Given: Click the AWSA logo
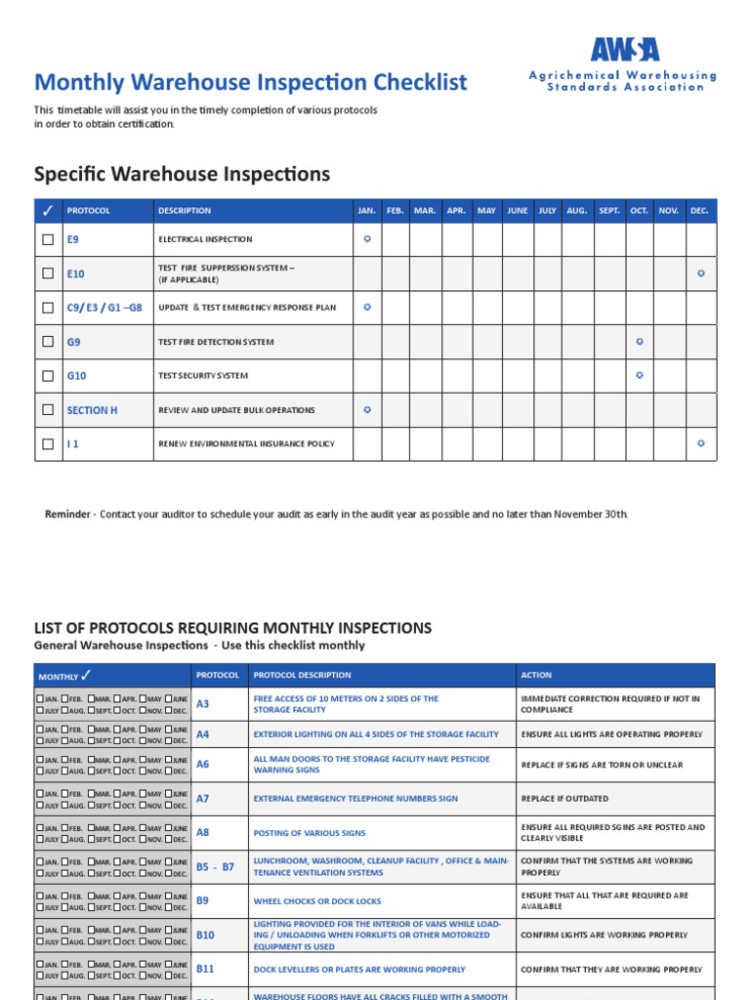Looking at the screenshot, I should (x=624, y=50).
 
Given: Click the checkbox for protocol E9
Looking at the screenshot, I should (x=48, y=239).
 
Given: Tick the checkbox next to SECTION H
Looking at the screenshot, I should (x=48, y=410).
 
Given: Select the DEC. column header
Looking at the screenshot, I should (x=699, y=211).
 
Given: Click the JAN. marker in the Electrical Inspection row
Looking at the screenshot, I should (x=367, y=239).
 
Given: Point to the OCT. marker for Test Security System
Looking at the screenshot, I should (x=640, y=375).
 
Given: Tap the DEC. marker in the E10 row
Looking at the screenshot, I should (x=700, y=273).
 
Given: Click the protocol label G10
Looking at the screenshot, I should (x=76, y=376).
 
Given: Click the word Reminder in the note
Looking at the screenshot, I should (x=67, y=515).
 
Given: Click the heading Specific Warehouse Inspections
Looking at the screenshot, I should (x=182, y=175).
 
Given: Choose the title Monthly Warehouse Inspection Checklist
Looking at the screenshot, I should (x=251, y=83).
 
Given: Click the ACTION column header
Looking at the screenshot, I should (x=536, y=676).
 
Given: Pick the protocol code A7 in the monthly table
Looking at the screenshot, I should (x=202, y=799).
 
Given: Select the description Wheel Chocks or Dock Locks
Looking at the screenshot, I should (x=317, y=901).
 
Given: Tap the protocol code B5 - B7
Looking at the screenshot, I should (x=215, y=867).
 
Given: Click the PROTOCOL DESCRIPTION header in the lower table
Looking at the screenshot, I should (x=302, y=676).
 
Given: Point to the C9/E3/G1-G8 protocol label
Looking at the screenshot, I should (x=104, y=308).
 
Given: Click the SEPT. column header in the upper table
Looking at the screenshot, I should (x=608, y=211).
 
